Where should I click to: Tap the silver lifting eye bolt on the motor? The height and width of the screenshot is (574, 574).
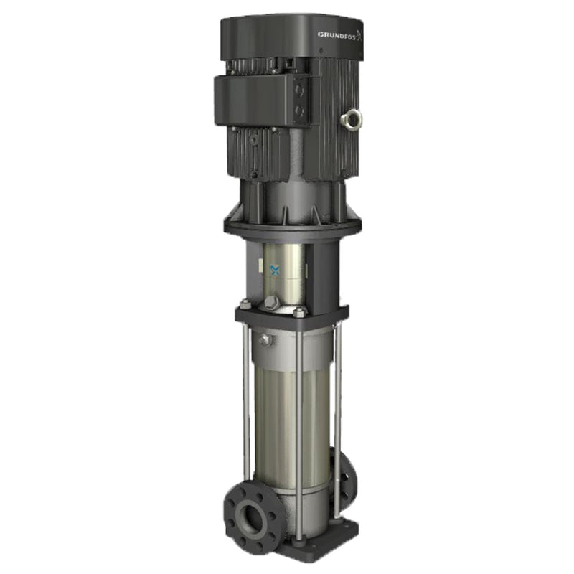[352, 118]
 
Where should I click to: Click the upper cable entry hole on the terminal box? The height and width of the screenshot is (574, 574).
[299, 92]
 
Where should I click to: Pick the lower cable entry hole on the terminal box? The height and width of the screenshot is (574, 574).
[299, 112]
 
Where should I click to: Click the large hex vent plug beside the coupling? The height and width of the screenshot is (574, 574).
[273, 303]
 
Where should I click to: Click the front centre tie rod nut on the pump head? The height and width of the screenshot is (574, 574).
[298, 312]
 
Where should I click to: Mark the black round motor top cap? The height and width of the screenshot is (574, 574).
[287, 36]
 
